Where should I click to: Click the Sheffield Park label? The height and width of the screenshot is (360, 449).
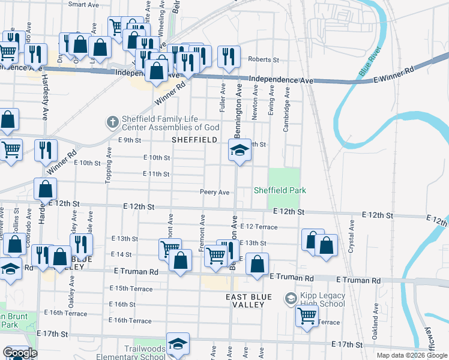coord(279,190)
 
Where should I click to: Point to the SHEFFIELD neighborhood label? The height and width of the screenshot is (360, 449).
coord(194,140)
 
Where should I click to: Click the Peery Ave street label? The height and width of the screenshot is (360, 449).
coord(215,192)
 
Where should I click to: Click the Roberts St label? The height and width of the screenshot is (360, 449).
coord(264,60)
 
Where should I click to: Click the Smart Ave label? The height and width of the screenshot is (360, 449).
coord(83,4)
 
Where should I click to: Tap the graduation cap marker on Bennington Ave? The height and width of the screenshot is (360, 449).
coord(240,151)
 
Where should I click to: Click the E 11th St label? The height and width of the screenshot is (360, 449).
coord(157,174)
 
